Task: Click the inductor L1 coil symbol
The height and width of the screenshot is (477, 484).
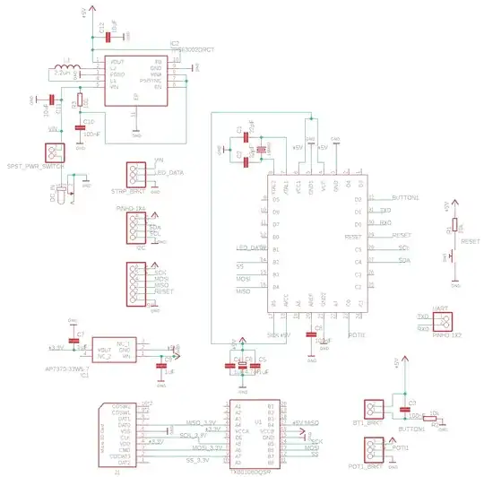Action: (67, 67)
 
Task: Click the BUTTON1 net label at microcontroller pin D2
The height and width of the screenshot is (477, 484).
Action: (405, 196)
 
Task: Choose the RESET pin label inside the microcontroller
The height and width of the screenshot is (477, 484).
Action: (352, 236)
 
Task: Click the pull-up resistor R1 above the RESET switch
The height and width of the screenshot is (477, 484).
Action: (454, 227)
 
